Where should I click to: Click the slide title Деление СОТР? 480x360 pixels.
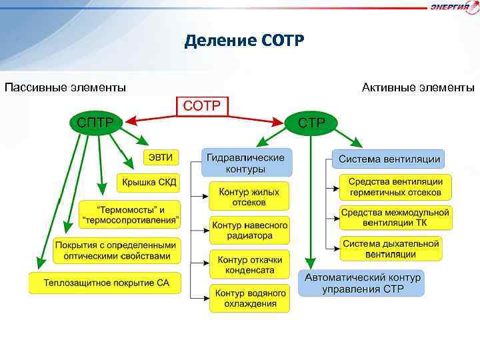[244, 41]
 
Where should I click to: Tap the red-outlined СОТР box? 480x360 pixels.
[203, 106]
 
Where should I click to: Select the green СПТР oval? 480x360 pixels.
[95, 123]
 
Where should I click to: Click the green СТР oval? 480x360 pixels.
[311, 123]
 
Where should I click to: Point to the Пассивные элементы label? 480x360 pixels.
[65, 87]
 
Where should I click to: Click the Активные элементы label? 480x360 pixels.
[418, 87]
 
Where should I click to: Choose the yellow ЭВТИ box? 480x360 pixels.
[161, 158]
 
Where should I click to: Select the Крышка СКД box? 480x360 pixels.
[149, 181]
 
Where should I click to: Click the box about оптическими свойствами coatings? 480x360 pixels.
[117, 250]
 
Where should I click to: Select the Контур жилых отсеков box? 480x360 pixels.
[249, 196]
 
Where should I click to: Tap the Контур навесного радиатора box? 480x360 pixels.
[249, 230]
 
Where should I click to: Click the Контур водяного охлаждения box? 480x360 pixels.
[249, 298]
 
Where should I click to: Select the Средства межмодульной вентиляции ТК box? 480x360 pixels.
[395, 217]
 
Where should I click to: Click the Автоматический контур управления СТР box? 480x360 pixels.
[363, 283]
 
